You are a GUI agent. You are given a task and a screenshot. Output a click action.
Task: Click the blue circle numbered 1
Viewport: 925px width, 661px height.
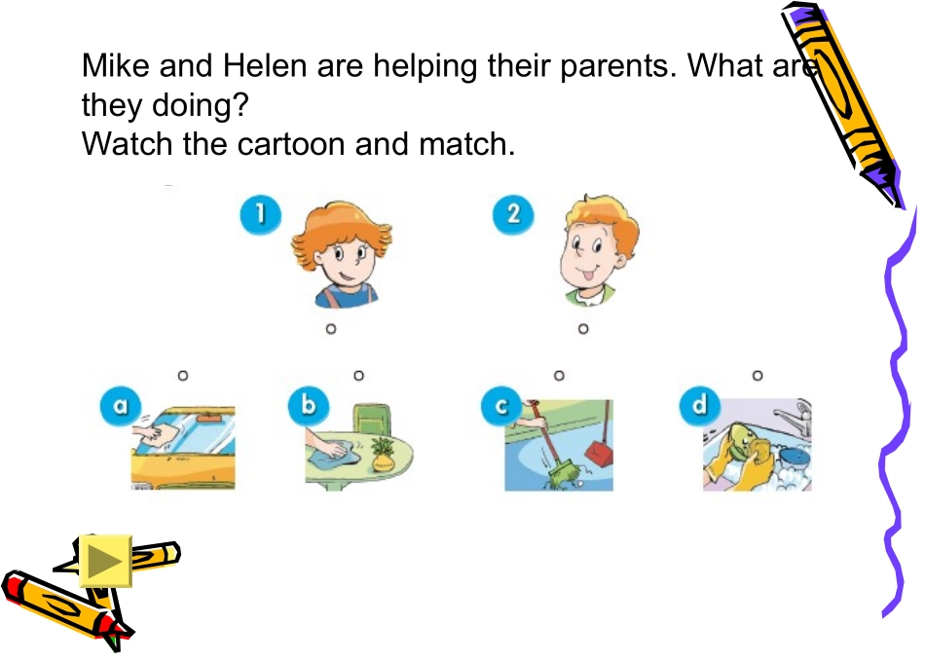pyautogui.click(x=261, y=214)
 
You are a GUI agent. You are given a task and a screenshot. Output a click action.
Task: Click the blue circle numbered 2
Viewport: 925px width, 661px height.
pyautogui.click(x=513, y=214)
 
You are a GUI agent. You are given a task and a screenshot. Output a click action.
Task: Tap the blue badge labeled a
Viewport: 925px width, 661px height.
pyautogui.click(x=121, y=406)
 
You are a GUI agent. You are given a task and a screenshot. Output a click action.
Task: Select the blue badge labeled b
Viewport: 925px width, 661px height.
pyautogui.click(x=309, y=406)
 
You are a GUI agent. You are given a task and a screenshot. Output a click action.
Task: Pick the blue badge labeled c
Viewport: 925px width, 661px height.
pyautogui.click(x=501, y=406)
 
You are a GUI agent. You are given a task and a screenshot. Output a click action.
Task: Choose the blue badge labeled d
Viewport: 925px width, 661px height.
pyautogui.click(x=700, y=406)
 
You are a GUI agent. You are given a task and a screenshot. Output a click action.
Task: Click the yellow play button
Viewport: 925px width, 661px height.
pyautogui.click(x=105, y=561)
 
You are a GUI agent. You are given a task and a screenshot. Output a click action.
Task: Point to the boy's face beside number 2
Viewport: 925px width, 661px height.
pyautogui.click(x=598, y=250)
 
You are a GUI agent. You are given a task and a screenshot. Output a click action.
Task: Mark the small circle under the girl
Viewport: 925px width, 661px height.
pyautogui.click(x=331, y=329)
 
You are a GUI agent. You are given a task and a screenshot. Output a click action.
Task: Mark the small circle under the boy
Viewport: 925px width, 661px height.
pyautogui.click(x=583, y=329)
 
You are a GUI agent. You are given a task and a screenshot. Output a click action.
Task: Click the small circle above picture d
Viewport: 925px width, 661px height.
pyautogui.click(x=758, y=375)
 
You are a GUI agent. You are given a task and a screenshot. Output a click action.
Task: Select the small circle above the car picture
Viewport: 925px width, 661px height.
pyautogui.click(x=183, y=375)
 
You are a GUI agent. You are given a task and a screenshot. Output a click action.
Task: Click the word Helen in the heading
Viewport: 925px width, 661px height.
pyautogui.click(x=265, y=65)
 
